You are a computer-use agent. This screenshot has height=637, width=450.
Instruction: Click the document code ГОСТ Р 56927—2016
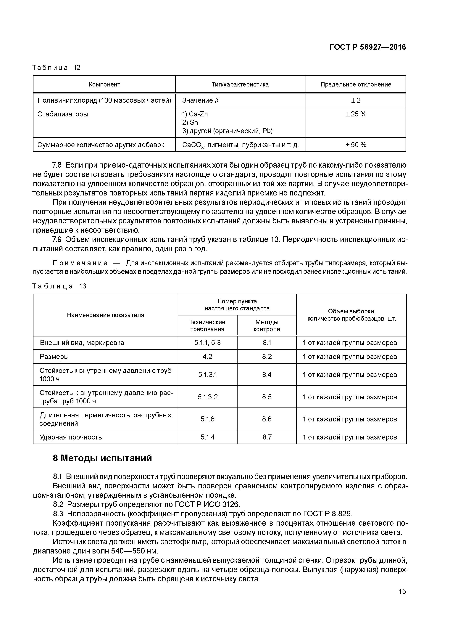[x=367, y=47]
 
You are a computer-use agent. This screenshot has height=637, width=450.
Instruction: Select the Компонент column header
[x=104, y=84]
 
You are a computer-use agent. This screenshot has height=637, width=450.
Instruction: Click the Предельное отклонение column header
[x=356, y=84]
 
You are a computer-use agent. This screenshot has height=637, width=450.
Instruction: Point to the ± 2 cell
[x=356, y=100]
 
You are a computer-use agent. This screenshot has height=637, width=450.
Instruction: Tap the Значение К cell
[x=200, y=100]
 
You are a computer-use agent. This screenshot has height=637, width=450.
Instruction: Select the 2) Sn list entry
[x=190, y=123]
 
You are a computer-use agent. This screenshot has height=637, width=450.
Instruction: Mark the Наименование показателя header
[x=105, y=315]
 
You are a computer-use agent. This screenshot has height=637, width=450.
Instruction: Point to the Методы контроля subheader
[x=267, y=325]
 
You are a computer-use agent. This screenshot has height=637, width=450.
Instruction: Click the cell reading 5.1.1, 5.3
[x=207, y=343]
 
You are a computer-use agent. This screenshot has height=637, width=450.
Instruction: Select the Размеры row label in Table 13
[x=54, y=357]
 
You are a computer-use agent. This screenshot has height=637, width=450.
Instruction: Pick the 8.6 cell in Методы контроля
[x=267, y=419]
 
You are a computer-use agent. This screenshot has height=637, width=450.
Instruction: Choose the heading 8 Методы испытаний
[x=102, y=458]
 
